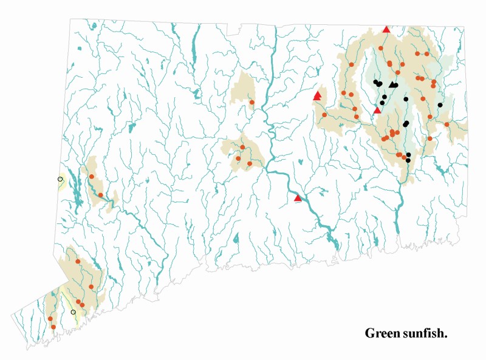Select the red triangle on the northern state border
386,29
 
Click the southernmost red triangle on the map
298,198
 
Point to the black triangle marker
394,84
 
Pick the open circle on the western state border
60,179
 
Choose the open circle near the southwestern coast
74,312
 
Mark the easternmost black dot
440,105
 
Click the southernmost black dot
408,160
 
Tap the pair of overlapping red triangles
317,95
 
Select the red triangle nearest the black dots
377,110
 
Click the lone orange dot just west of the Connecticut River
252,103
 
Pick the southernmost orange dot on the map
53,327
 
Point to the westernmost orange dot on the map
50,319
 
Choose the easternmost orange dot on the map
447,124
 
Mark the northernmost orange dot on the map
381,48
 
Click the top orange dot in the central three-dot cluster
242,148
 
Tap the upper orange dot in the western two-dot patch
91,177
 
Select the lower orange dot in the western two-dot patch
100,195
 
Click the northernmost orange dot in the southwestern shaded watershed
78,262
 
